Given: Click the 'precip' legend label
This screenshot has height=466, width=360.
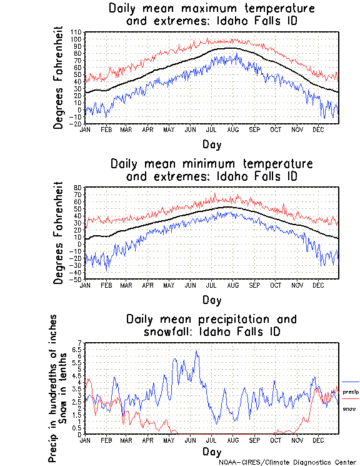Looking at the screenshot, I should [x=350, y=391].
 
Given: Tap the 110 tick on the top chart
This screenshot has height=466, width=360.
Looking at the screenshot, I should [x=76, y=32].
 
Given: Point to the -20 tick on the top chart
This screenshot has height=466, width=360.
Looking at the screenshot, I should [x=75, y=123].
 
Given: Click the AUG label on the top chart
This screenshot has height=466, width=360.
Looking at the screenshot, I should [x=232, y=129].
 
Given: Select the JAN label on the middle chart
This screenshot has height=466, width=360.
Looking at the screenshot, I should [x=85, y=285].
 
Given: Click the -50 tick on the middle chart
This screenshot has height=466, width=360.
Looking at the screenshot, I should [x=75, y=279].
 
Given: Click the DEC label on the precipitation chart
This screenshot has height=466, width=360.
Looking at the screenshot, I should [x=317, y=440].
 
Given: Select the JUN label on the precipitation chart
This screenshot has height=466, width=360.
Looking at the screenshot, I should [x=190, y=440].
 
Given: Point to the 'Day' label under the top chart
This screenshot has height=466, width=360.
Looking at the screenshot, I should [x=211, y=144].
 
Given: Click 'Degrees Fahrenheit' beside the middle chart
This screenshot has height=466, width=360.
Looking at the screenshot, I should [x=59, y=233].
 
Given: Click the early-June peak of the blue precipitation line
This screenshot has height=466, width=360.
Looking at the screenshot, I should [x=196, y=352].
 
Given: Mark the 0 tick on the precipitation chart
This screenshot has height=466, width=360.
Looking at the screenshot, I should [x=79, y=434].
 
